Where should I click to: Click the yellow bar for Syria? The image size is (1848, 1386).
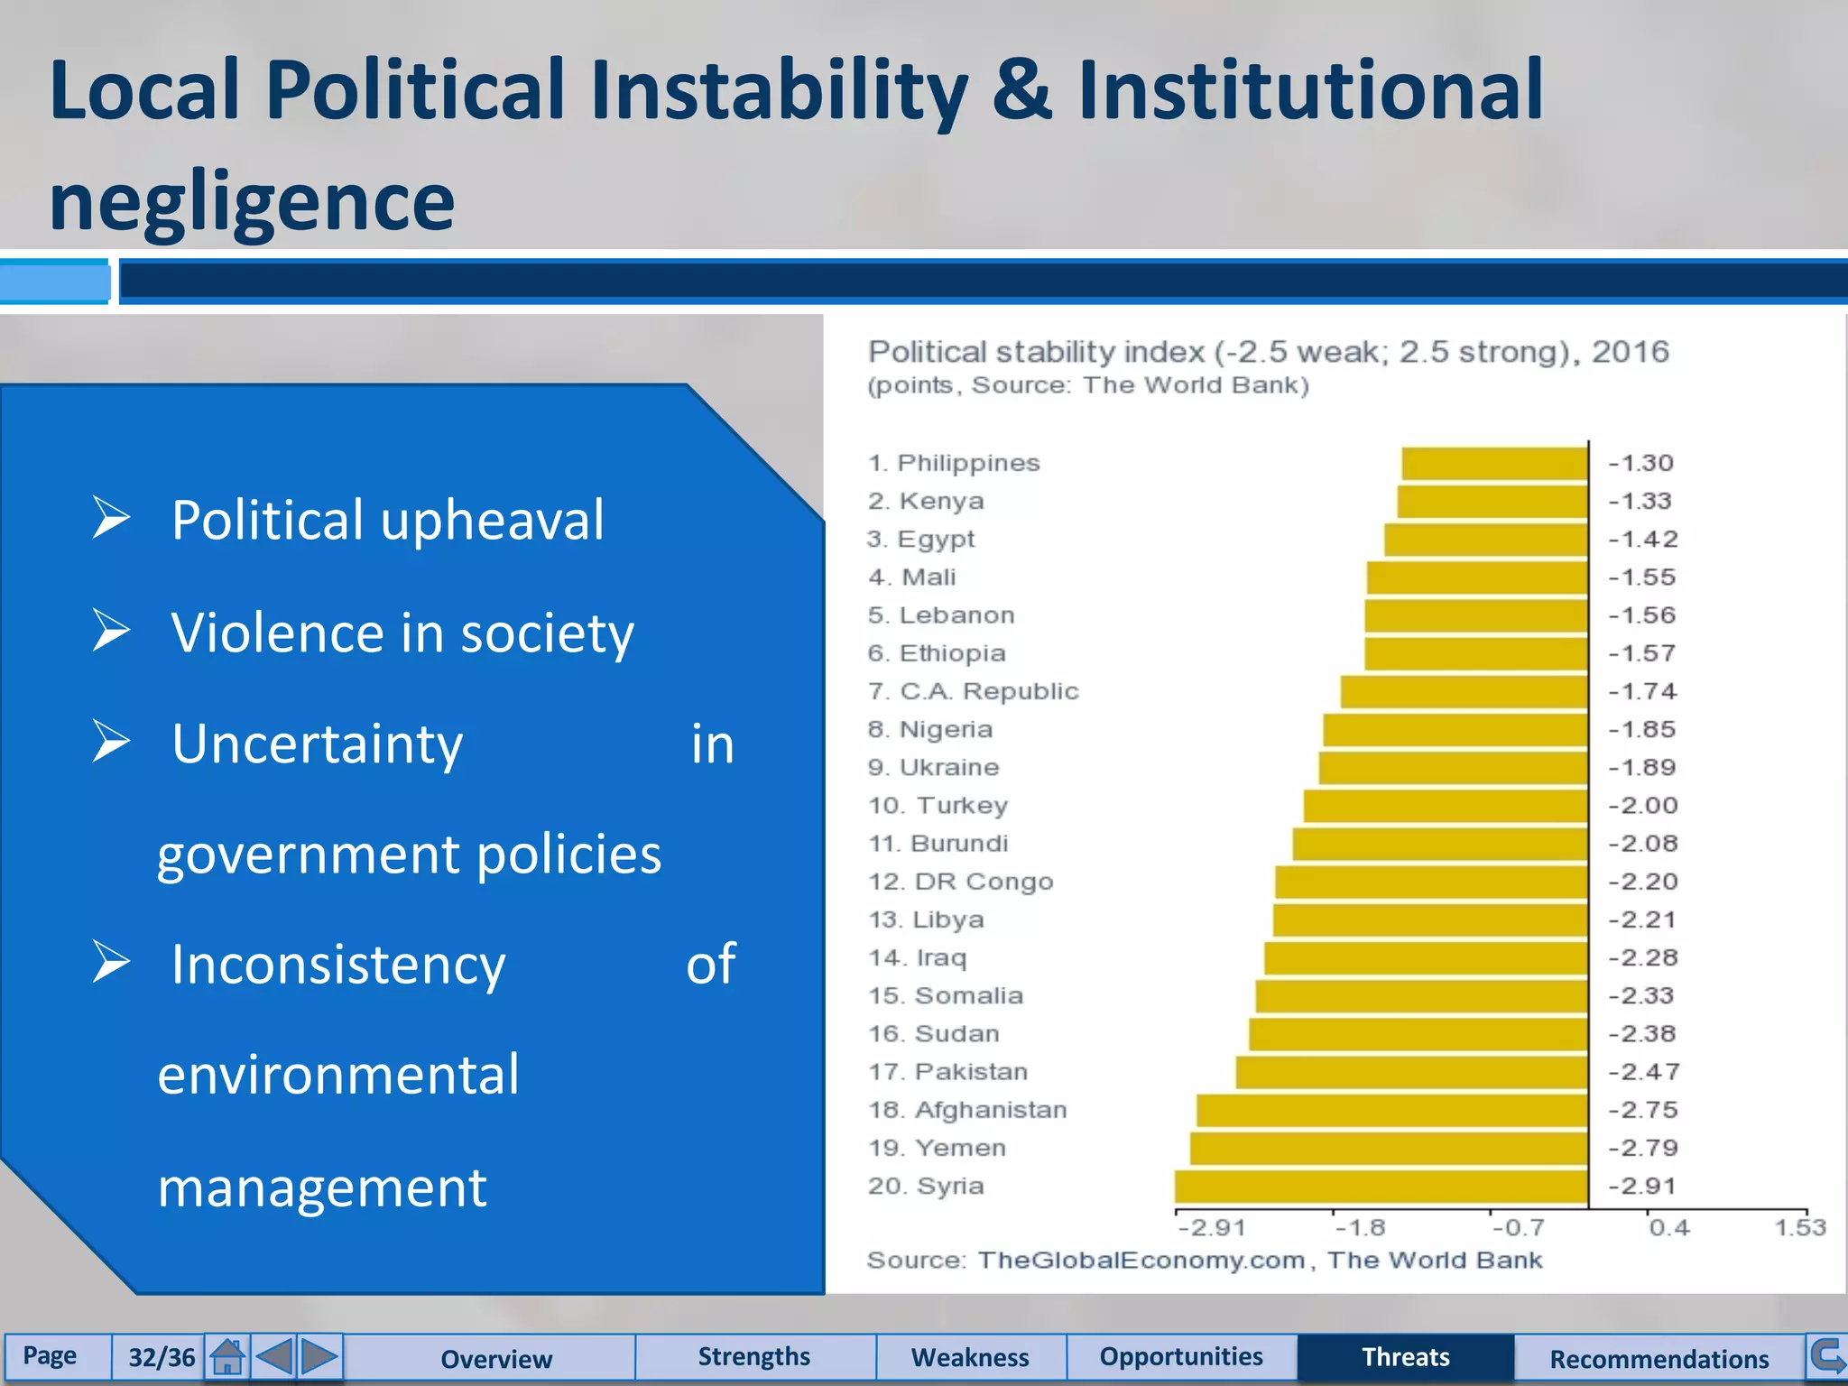click(x=1381, y=1186)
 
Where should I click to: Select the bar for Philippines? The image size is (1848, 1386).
click(x=1494, y=463)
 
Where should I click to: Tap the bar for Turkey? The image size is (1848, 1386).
click(x=1446, y=805)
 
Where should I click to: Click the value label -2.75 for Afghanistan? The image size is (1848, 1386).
click(x=1642, y=1110)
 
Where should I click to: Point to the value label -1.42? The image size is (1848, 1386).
click(x=1642, y=540)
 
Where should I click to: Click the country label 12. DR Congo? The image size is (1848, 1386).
click(x=960, y=882)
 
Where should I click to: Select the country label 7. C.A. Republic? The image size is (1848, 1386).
click(x=973, y=691)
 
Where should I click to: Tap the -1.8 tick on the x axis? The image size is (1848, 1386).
click(x=1359, y=1228)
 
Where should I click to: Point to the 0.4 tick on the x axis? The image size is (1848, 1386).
click(x=1669, y=1228)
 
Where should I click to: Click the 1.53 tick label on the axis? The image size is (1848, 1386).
click(x=1799, y=1228)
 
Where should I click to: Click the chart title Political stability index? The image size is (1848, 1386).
click(x=1268, y=352)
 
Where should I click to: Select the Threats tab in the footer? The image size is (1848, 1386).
click(x=1405, y=1357)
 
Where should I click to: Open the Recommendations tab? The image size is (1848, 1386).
click(x=1659, y=1358)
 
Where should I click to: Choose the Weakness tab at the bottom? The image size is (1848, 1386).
click(x=970, y=1357)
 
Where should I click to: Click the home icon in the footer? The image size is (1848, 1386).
click(x=227, y=1356)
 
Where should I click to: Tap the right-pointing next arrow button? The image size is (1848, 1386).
click(x=319, y=1356)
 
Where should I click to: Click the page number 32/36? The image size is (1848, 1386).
click(x=161, y=1357)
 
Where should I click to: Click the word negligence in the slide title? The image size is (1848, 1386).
click(x=252, y=202)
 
